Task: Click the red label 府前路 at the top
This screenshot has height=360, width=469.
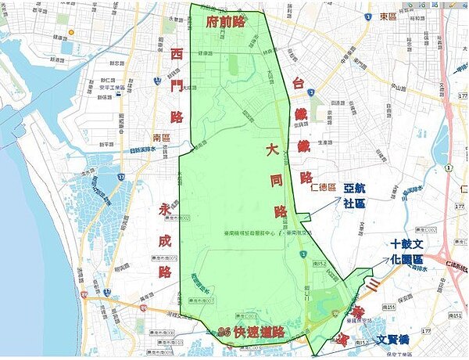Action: pyautogui.click(x=226, y=21)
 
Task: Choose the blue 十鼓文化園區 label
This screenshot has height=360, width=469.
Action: pyautogui.click(x=407, y=251)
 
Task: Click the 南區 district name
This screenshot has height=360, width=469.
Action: pyautogui.click(x=161, y=137)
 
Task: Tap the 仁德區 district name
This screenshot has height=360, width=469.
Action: pyautogui.click(x=323, y=188)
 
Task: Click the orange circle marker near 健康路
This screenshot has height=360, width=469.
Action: pyautogui.click(x=70, y=32)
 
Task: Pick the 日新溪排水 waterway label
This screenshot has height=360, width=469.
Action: pyautogui.click(x=144, y=150)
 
